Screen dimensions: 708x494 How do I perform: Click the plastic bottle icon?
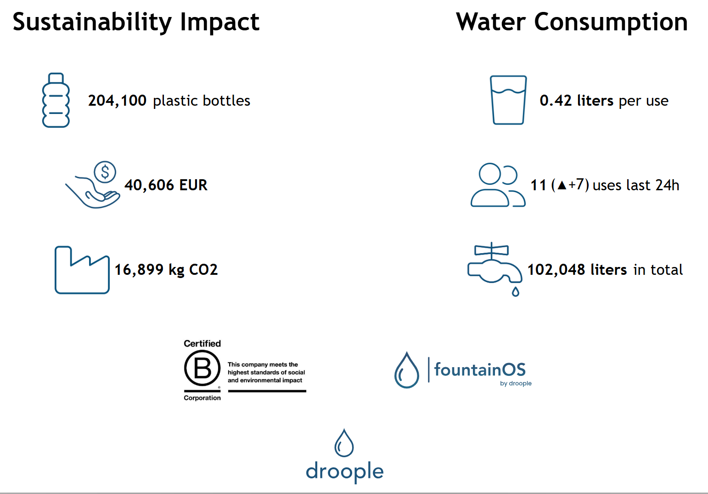[56, 100]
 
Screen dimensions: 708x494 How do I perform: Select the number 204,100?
[117, 101]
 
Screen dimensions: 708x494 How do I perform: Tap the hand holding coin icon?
[93, 185]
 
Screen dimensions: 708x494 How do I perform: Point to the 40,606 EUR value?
[166, 185]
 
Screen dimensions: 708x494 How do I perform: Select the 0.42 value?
[556, 101]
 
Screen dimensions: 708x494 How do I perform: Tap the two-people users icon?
[498, 185]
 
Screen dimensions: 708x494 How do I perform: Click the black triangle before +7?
[562, 185]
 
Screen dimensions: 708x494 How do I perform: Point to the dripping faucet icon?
[494, 269]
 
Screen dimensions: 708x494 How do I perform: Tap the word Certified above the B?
[202, 343]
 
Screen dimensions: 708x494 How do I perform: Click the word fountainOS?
[480, 369]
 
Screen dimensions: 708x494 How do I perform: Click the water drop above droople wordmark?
[344, 443]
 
